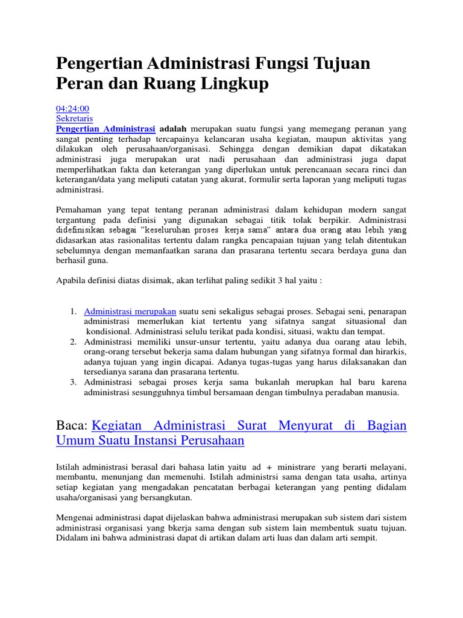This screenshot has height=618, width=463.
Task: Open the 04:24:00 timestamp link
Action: pos(72,109)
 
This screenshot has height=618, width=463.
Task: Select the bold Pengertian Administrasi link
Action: pos(106,129)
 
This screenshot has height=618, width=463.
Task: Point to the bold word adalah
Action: pos(173,129)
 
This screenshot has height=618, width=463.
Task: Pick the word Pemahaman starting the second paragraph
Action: pos(80,209)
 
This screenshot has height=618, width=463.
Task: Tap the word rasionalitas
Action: pos(140,240)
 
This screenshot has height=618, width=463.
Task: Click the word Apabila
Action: pos(71,281)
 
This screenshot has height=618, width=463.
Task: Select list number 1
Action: pos(72,311)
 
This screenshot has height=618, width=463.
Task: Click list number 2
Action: pos(72,342)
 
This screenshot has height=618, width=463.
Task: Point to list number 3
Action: pos(72,382)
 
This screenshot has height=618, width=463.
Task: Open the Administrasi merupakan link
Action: pos(130,311)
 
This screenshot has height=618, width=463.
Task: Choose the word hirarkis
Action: pos(391,352)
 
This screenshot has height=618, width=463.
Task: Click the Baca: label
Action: pos(72,426)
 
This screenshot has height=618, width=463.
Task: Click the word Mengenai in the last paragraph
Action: pos(77,518)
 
